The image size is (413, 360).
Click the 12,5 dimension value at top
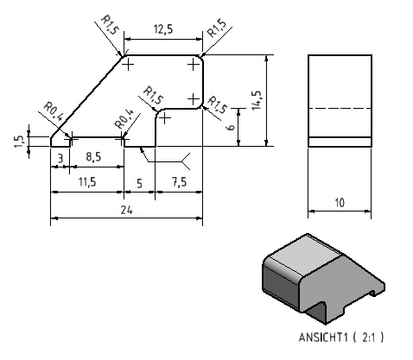click(x=163, y=29)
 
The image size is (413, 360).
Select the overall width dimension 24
click(x=126, y=211)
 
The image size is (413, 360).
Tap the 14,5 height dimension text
click(x=256, y=100)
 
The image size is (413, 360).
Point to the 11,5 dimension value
click(x=87, y=182)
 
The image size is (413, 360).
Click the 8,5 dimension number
click(x=93, y=157)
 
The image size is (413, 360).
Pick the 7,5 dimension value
click(x=179, y=182)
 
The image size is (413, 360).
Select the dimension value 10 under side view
click(x=340, y=203)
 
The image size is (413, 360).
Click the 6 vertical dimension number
click(x=231, y=127)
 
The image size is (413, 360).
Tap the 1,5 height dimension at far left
click(x=19, y=142)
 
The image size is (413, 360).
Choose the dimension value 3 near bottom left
click(x=60, y=158)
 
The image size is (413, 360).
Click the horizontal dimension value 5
click(x=139, y=183)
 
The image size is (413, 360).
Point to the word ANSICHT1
click(x=323, y=338)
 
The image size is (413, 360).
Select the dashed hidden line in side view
click(x=340, y=109)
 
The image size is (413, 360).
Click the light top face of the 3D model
click(x=305, y=255)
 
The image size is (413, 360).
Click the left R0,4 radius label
click(x=54, y=111)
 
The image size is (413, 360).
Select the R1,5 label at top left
click(x=110, y=25)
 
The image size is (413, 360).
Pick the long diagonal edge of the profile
click(x=86, y=97)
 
